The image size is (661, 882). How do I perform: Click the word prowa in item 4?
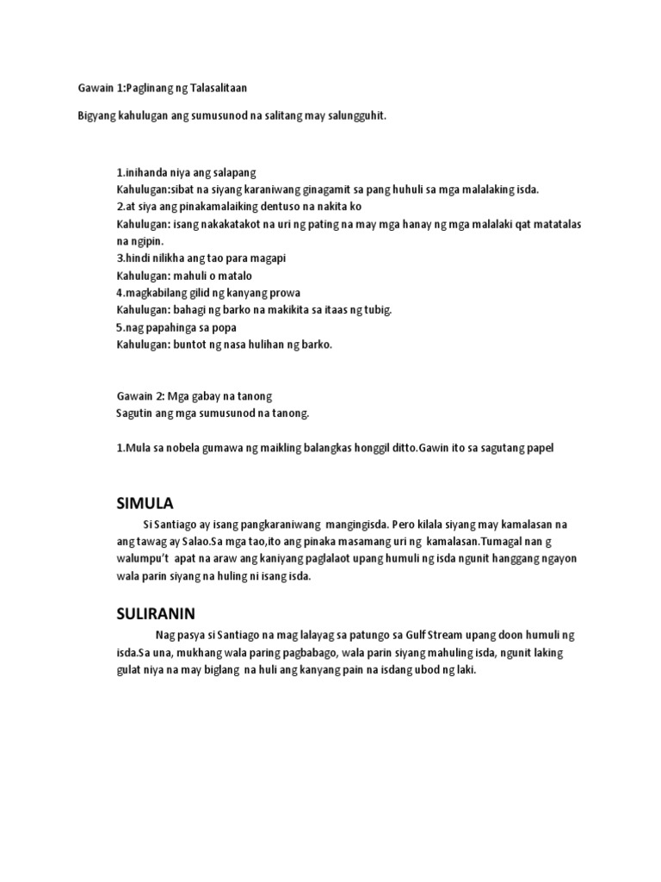tap(283, 293)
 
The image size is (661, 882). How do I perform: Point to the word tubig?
tap(375, 309)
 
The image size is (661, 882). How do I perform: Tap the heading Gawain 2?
tap(141, 396)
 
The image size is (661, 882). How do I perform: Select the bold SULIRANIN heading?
tap(157, 613)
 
